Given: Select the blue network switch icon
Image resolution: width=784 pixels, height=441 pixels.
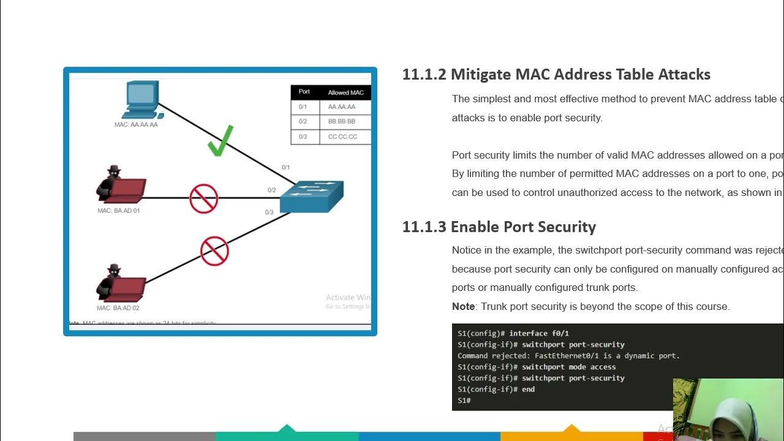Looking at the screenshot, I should (x=312, y=196).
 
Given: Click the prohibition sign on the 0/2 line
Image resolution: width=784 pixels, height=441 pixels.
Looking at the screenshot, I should (x=204, y=198).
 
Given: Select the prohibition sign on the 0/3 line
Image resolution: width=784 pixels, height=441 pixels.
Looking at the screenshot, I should (x=214, y=251).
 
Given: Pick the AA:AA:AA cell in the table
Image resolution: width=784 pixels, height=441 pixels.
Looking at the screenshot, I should (x=341, y=107).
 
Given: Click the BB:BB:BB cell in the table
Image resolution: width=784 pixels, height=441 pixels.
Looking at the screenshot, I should (x=341, y=121).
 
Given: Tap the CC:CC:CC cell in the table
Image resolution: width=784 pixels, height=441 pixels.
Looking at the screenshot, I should (x=342, y=137).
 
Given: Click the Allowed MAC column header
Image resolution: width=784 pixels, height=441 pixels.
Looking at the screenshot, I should (x=345, y=92).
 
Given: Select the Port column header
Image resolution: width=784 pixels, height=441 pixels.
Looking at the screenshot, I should (x=304, y=92).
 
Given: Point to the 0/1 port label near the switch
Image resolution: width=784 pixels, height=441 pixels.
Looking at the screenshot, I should (x=285, y=167).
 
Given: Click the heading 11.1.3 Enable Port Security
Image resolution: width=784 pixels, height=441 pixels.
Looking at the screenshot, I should (x=499, y=227).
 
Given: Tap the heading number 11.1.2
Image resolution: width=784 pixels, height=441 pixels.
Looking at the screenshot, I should (x=423, y=75).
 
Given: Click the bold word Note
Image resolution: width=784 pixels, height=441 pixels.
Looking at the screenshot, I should (x=463, y=306).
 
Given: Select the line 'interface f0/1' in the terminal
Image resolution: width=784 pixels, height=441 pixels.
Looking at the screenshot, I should (x=513, y=333).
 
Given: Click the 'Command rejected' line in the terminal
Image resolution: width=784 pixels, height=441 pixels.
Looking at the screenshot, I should (x=568, y=356).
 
